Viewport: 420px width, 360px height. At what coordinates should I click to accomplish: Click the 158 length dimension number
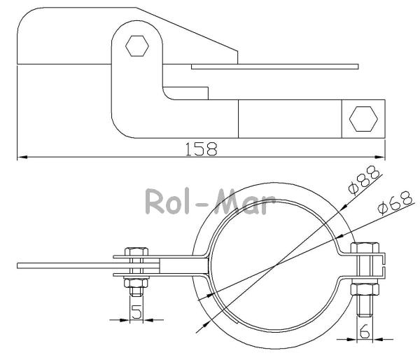coord(202,149)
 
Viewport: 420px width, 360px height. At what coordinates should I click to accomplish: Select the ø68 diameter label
coord(395,202)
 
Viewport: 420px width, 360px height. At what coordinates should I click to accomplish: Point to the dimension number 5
coord(136,312)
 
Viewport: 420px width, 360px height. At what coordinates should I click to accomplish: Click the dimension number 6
coord(365,331)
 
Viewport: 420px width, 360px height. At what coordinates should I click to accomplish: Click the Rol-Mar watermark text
coord(210,201)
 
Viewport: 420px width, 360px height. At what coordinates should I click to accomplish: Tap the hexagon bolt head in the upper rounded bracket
coord(137,46)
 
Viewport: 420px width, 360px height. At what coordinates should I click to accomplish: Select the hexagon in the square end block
coord(363,119)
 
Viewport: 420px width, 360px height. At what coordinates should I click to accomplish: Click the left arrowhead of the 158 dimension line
coord(22,157)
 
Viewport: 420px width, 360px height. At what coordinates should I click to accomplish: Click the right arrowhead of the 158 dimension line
coord(380,157)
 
